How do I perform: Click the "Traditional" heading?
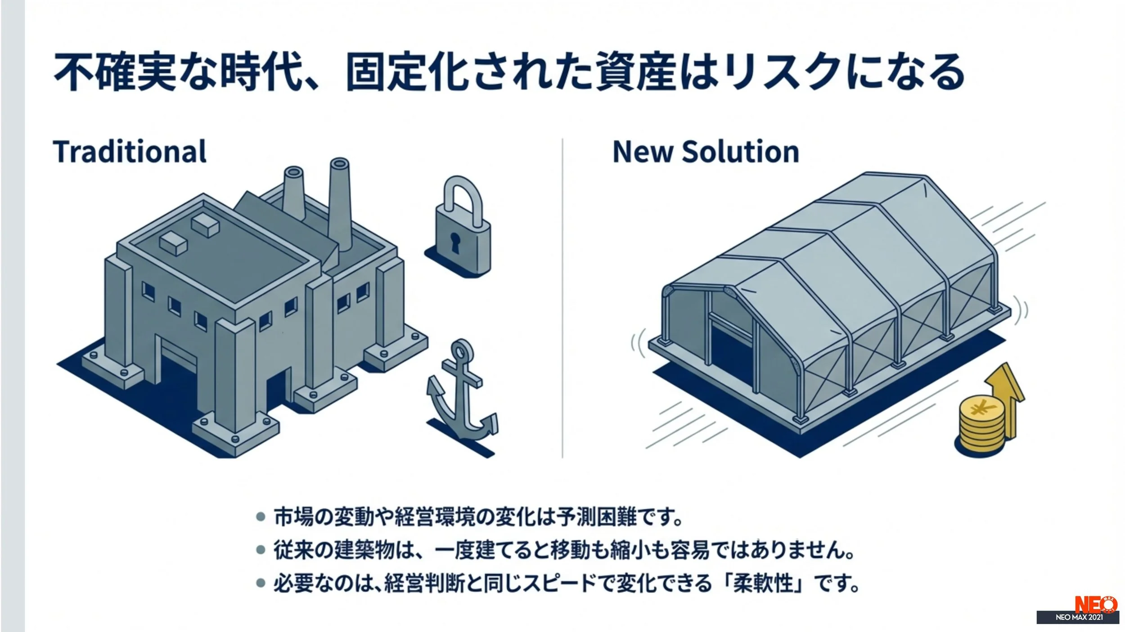point(130,152)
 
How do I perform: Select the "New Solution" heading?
point(706,152)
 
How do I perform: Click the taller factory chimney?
point(340,202)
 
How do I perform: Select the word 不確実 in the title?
point(115,72)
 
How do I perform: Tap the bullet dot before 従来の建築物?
point(260,550)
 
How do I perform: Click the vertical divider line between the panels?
point(562,297)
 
